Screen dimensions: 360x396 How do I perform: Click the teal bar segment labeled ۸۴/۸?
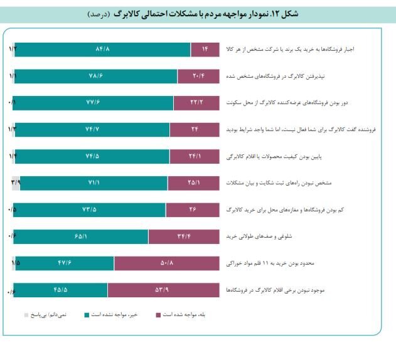click(x=102, y=49)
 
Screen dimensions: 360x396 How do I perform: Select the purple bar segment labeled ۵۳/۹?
click(x=166, y=290)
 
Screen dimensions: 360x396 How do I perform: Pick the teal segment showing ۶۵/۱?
click(x=80, y=236)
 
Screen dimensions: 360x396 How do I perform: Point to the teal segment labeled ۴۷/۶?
click(x=64, y=263)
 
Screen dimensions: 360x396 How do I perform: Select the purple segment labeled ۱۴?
click(x=205, y=49)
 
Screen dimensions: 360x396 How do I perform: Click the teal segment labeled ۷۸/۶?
click(x=95, y=76)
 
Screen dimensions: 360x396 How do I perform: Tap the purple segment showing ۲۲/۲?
click(x=196, y=102)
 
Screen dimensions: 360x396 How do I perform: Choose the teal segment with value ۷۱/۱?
click(x=94, y=183)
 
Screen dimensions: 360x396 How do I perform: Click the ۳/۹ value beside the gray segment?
click(x=15, y=182)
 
